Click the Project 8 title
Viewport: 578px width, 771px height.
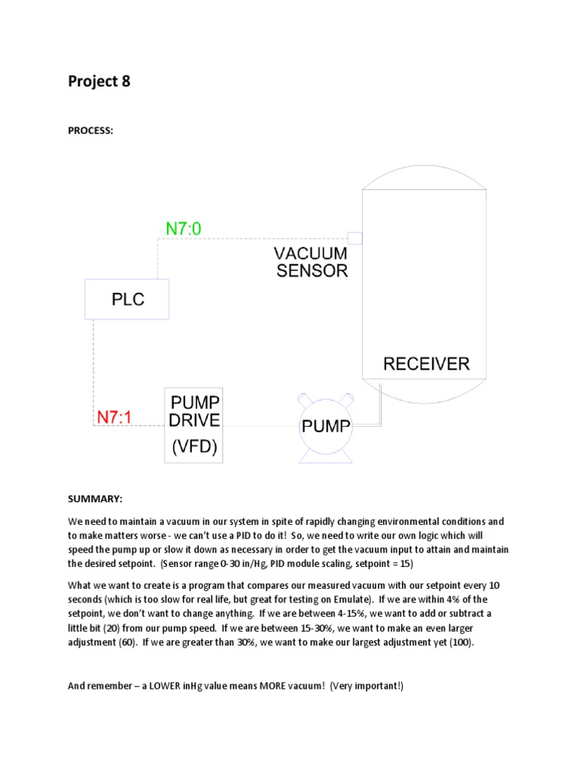[x=99, y=81]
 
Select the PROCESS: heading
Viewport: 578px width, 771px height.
[x=90, y=130]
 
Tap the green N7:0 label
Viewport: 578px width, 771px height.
[x=183, y=228]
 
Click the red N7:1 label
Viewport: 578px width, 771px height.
[x=114, y=416]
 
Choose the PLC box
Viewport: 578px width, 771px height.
[x=127, y=299]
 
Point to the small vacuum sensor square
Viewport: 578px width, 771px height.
[x=355, y=239]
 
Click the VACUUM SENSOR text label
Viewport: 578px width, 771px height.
[x=310, y=262]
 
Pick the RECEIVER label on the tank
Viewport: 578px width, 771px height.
[x=426, y=364]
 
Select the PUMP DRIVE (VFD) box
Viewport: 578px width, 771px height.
[x=194, y=425]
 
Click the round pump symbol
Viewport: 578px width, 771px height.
[x=326, y=428]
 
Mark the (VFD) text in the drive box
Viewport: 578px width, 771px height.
[x=194, y=448]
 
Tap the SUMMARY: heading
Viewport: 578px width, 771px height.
[x=95, y=499]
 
